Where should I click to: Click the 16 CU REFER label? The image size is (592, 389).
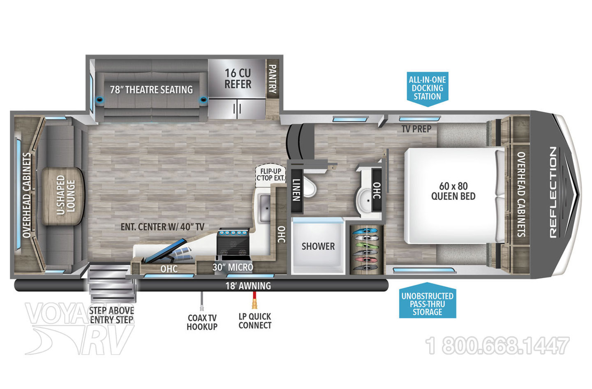[238, 79]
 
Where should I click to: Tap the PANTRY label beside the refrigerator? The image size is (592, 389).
[272, 78]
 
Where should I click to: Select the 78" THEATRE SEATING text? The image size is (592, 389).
[151, 89]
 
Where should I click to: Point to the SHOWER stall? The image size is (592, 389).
[318, 246]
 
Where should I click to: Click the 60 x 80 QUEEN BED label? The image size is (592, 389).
[453, 191]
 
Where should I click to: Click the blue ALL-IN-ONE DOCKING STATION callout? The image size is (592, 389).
[427, 88]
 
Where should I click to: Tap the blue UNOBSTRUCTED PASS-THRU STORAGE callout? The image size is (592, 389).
[428, 304]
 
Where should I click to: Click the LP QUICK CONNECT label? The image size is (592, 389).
[255, 321]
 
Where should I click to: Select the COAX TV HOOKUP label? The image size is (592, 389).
[202, 322]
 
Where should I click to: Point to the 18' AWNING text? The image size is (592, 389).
[248, 286]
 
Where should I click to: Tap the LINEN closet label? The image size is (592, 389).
[296, 190]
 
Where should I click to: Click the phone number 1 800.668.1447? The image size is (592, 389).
[497, 346]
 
